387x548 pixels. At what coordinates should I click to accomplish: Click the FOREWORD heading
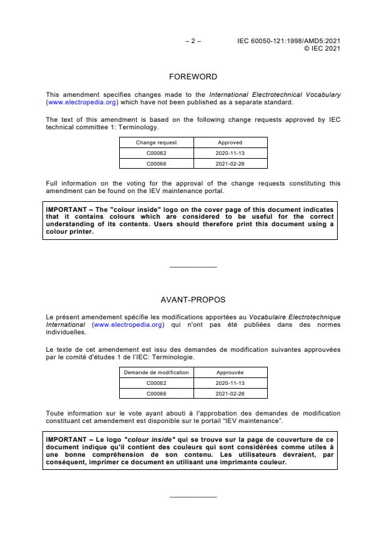[x=193, y=77]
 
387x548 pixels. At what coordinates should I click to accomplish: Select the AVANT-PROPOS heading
[x=193, y=299]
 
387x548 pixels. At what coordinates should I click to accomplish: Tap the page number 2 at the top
[x=193, y=41]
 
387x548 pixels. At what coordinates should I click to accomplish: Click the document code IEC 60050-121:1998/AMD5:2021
[x=288, y=41]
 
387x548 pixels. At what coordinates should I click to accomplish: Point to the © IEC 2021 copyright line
[x=321, y=47]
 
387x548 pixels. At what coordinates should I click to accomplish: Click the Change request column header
[x=156, y=142]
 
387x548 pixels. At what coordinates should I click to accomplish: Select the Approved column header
[x=230, y=142]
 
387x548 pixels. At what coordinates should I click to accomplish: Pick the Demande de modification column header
[x=156, y=372]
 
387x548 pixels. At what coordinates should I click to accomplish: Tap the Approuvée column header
[x=230, y=372]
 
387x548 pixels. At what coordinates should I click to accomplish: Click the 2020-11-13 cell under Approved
[x=230, y=153]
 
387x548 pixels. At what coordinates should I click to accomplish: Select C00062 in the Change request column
[x=156, y=153]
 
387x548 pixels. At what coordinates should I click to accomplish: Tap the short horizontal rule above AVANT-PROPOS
[x=193, y=267]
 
